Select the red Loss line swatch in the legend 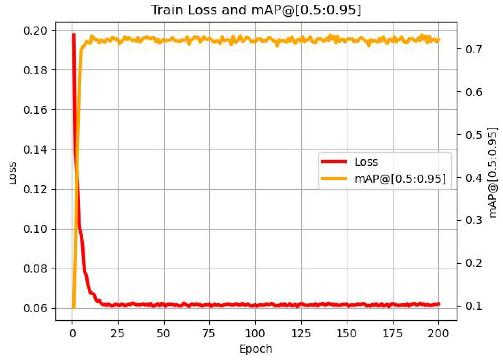[x=333, y=162]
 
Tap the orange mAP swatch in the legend [x=333, y=179]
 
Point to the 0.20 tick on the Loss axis [x=35, y=31]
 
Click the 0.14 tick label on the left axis [x=35, y=149]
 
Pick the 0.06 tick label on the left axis [x=35, y=308]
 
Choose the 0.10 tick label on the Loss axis [x=35, y=229]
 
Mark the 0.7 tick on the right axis [x=474, y=49]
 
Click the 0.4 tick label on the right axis [x=474, y=178]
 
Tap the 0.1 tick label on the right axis [x=474, y=306]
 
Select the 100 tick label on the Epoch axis [x=255, y=334]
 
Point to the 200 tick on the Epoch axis [x=438, y=334]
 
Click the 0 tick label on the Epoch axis [x=72, y=334]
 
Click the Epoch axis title [x=256, y=349]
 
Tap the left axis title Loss [x=12, y=173]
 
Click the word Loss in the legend [x=366, y=162]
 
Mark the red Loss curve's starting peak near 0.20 [x=74, y=34]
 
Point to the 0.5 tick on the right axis [x=474, y=135]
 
